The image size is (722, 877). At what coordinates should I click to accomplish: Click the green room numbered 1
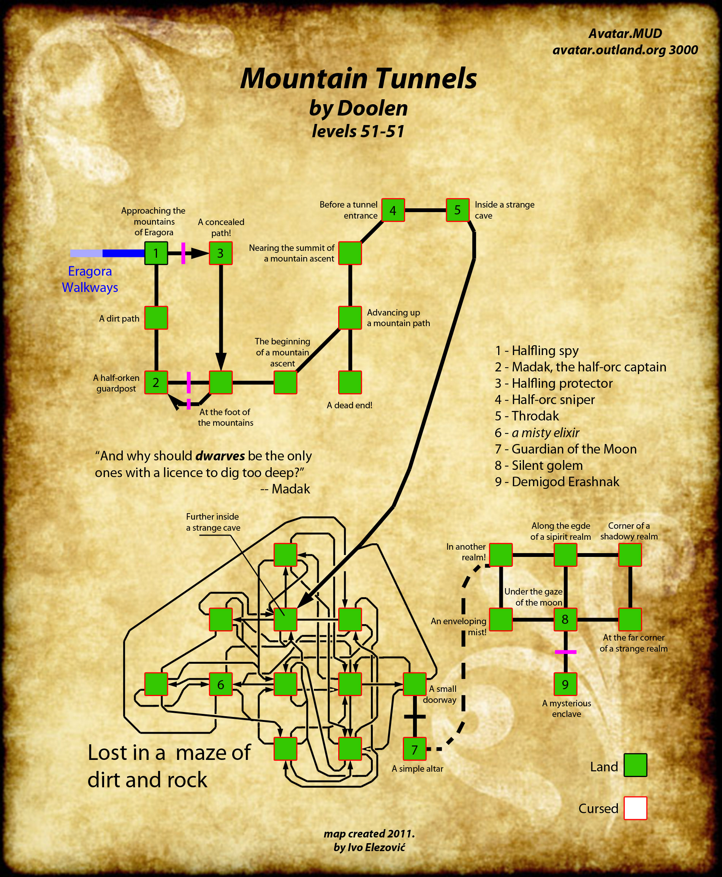(x=156, y=253)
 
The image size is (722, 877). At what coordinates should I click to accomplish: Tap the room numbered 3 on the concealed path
(x=220, y=253)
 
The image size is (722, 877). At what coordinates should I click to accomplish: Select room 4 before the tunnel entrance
(x=393, y=210)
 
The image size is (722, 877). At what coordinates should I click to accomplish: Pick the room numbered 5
(x=458, y=210)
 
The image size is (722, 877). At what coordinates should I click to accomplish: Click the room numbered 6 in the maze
(x=220, y=684)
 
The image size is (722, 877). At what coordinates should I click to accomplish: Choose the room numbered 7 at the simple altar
(x=415, y=749)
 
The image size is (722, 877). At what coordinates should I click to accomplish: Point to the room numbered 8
(x=565, y=620)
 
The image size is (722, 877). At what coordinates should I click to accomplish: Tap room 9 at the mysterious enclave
(x=565, y=684)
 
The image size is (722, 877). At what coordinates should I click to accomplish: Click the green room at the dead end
(x=350, y=382)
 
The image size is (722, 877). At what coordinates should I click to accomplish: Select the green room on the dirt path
(x=156, y=318)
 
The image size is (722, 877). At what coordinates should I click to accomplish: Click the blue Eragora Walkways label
(x=90, y=279)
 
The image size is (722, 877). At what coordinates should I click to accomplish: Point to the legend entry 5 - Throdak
(x=527, y=416)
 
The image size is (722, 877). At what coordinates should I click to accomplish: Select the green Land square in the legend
(x=635, y=765)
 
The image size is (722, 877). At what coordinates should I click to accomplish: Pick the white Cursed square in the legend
(x=635, y=808)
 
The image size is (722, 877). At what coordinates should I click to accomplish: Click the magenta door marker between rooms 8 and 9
(x=565, y=652)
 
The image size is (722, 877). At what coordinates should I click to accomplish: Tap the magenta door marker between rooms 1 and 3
(x=183, y=253)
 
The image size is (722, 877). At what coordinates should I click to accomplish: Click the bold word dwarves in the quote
(x=220, y=456)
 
